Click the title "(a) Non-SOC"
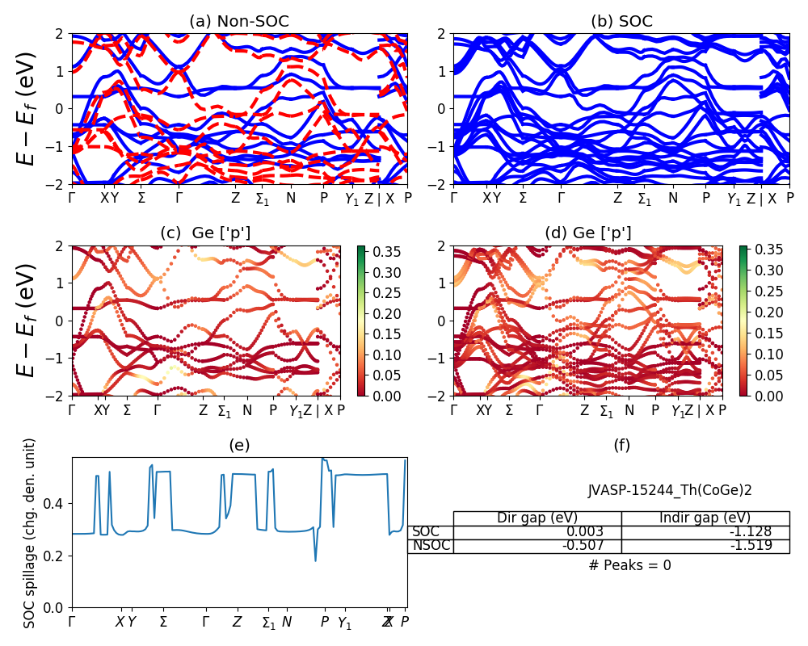[x=239, y=22]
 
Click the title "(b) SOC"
[x=621, y=22]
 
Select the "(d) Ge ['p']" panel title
[x=587, y=233]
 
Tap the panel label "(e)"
[x=239, y=445]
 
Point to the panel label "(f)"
[x=621, y=445]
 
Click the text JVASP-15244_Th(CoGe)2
[x=670, y=490]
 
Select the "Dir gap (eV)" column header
[x=537, y=518]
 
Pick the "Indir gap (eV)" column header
[x=705, y=518]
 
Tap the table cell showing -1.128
[x=751, y=531]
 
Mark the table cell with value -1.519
[x=751, y=545]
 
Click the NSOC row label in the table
[x=431, y=545]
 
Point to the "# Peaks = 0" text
[x=629, y=565]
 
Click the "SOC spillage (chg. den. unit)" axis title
[x=30, y=533]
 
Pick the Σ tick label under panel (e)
[x=163, y=622]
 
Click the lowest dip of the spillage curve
[x=315, y=560]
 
